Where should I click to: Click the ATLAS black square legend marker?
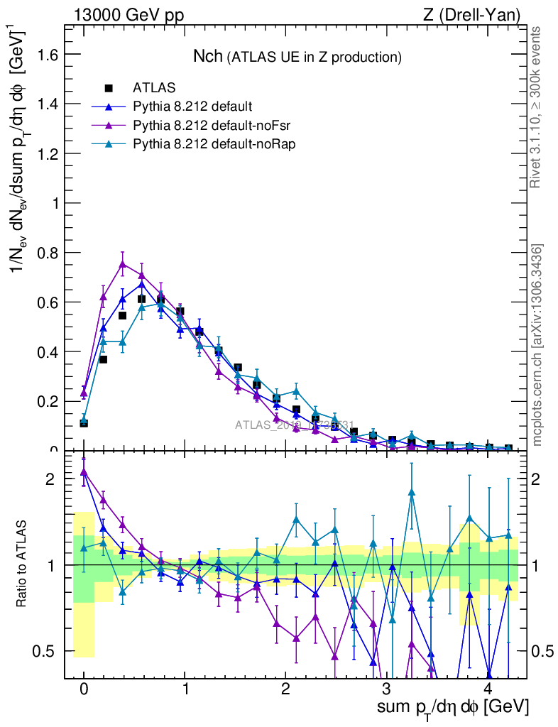click(x=109, y=88)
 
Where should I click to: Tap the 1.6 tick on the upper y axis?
click(x=45, y=55)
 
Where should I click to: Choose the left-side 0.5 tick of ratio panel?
click(x=48, y=651)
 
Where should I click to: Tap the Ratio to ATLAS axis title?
click(x=23, y=565)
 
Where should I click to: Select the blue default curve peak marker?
click(x=142, y=284)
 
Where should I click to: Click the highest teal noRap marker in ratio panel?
click(x=412, y=492)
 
